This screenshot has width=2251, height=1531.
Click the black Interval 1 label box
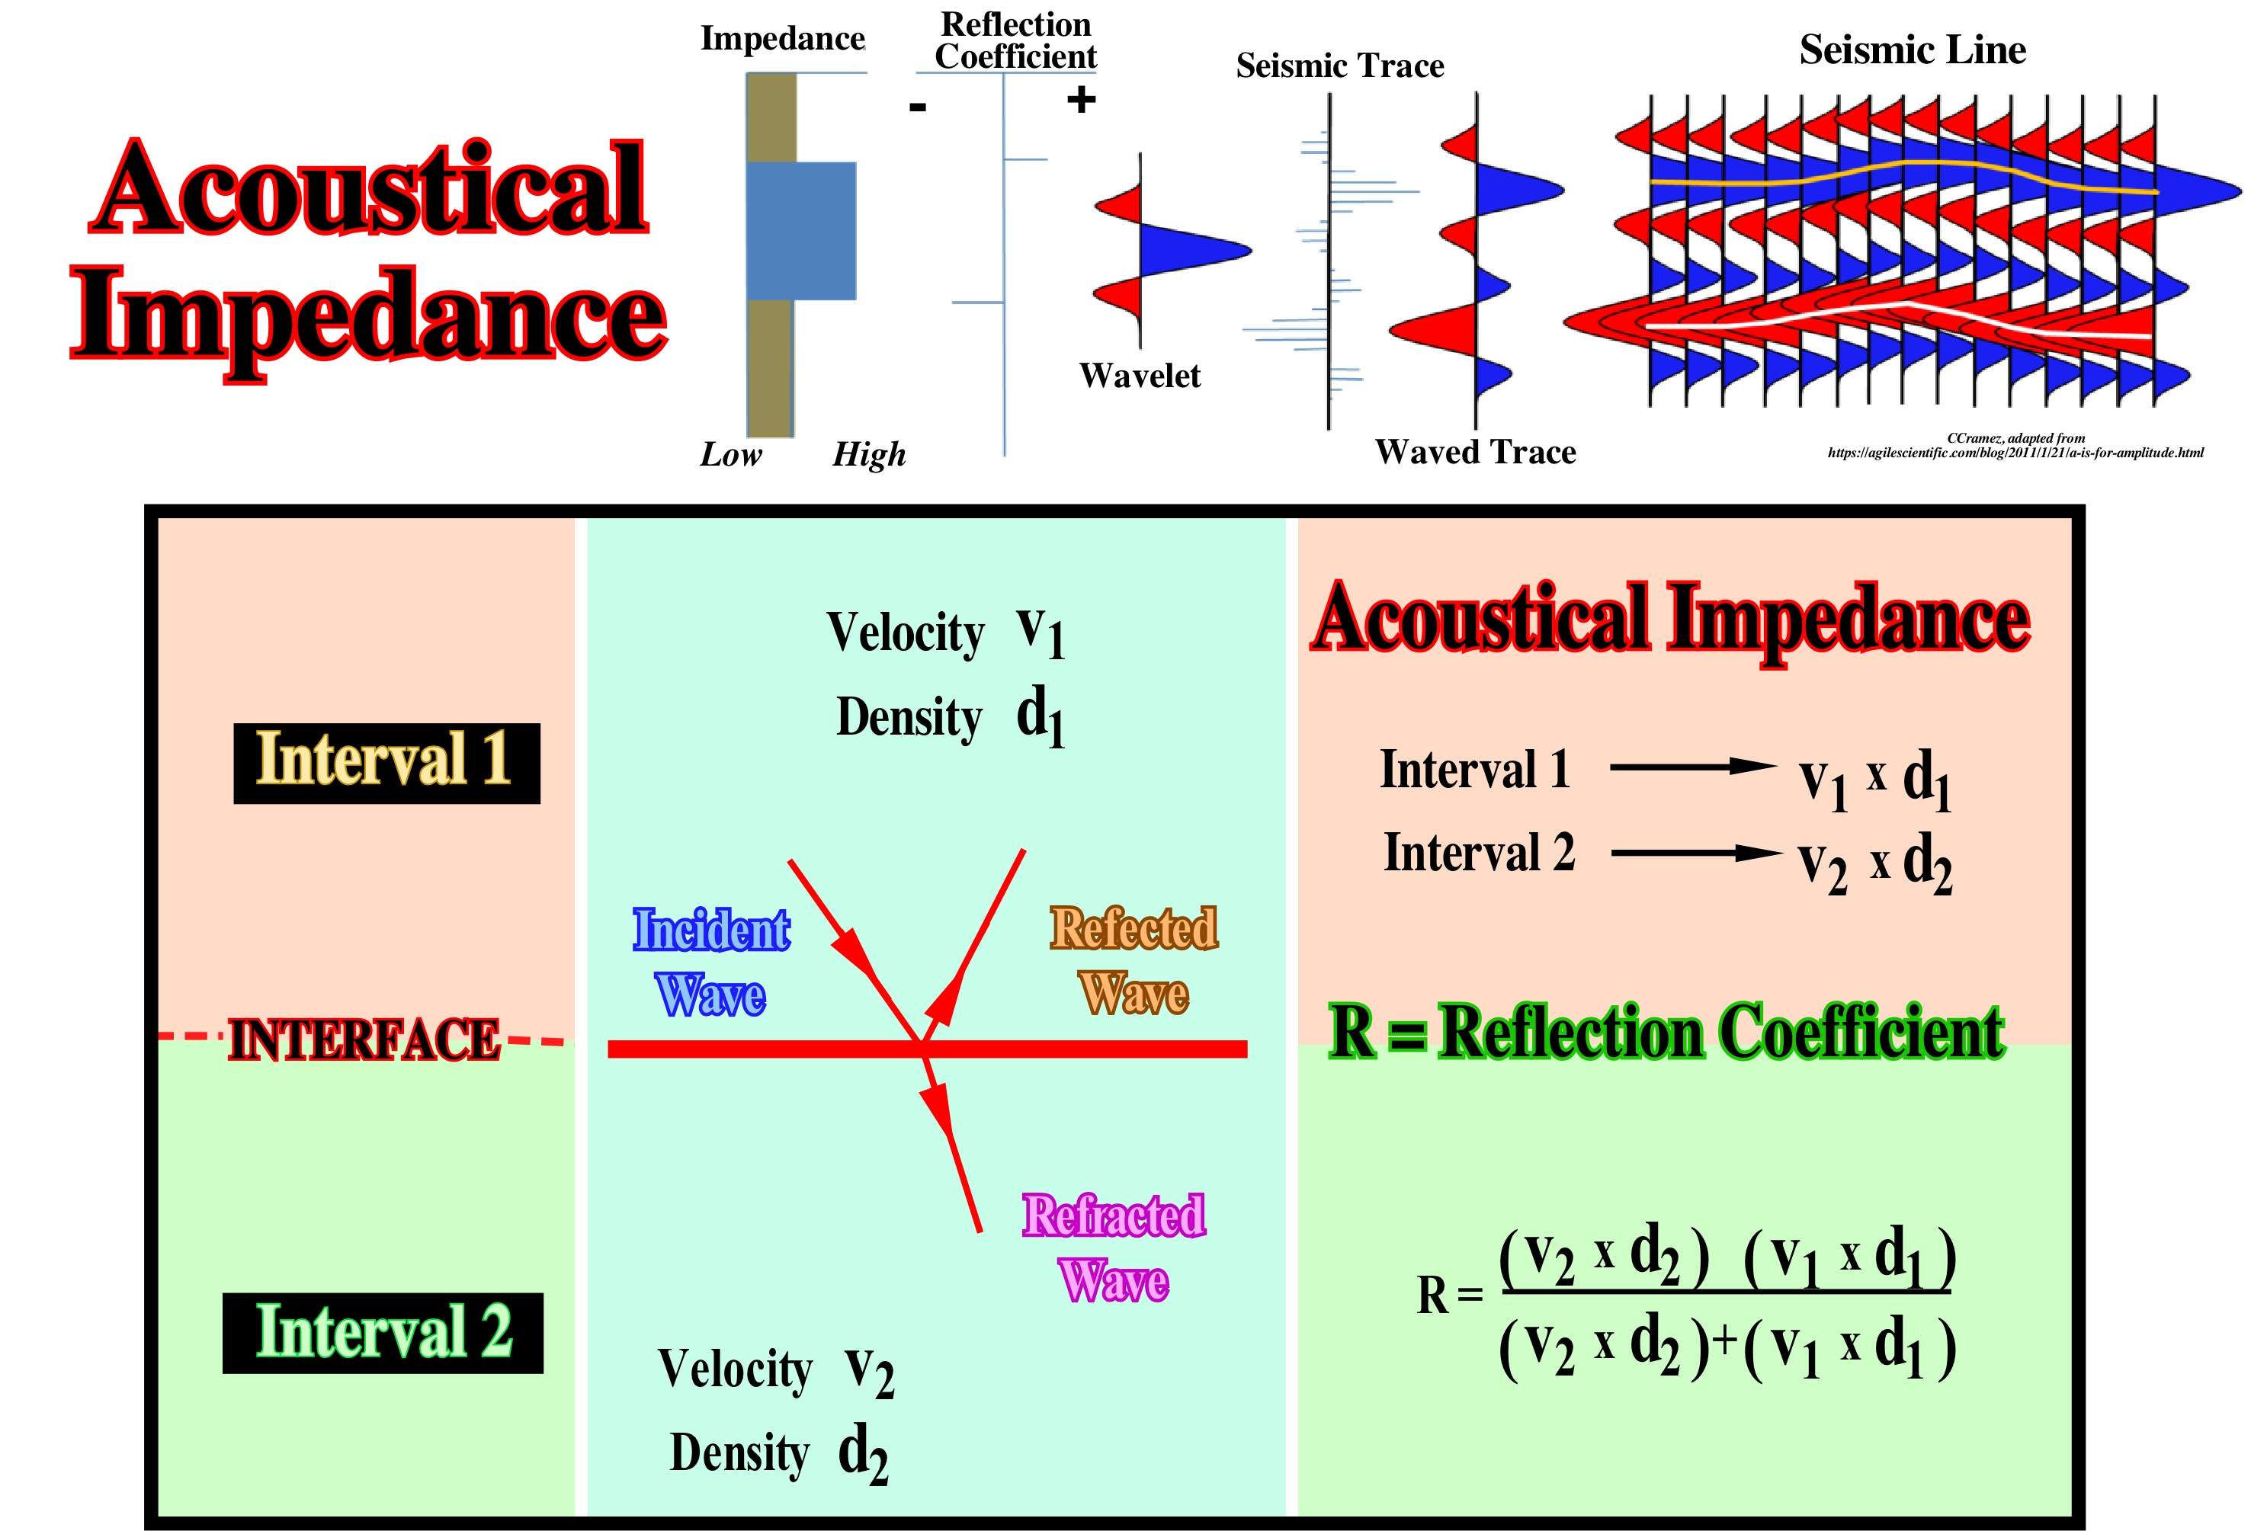(386, 762)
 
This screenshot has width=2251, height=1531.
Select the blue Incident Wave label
(711, 962)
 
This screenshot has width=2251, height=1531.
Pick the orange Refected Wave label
(1134, 959)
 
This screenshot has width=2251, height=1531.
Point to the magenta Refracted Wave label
(1114, 1248)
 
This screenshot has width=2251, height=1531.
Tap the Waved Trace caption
(1475, 452)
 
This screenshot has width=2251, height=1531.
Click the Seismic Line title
(1912, 50)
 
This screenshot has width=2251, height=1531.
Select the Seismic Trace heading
(1339, 66)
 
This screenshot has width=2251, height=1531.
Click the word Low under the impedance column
(730, 454)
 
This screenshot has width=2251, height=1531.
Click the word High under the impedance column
(869, 454)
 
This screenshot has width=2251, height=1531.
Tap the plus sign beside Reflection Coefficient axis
(1081, 100)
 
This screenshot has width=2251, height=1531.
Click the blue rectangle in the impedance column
(802, 230)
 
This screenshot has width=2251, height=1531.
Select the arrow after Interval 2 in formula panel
(1695, 852)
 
